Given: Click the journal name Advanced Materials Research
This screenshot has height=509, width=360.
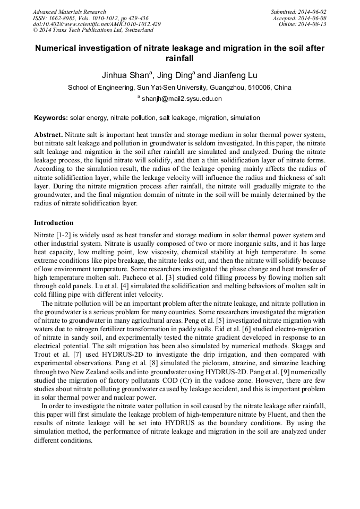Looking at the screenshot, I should [70, 12].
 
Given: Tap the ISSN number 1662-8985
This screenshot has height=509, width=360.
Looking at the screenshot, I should [66, 18].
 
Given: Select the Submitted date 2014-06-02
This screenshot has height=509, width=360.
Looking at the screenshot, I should [313, 12].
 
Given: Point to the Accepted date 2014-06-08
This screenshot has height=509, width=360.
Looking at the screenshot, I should [313, 18].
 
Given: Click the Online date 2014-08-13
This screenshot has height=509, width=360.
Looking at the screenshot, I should [313, 24].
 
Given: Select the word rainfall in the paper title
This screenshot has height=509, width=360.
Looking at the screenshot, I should [179, 59].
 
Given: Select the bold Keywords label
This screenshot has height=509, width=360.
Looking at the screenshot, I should [51, 117].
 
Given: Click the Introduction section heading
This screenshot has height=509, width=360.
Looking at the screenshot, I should [54, 222].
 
